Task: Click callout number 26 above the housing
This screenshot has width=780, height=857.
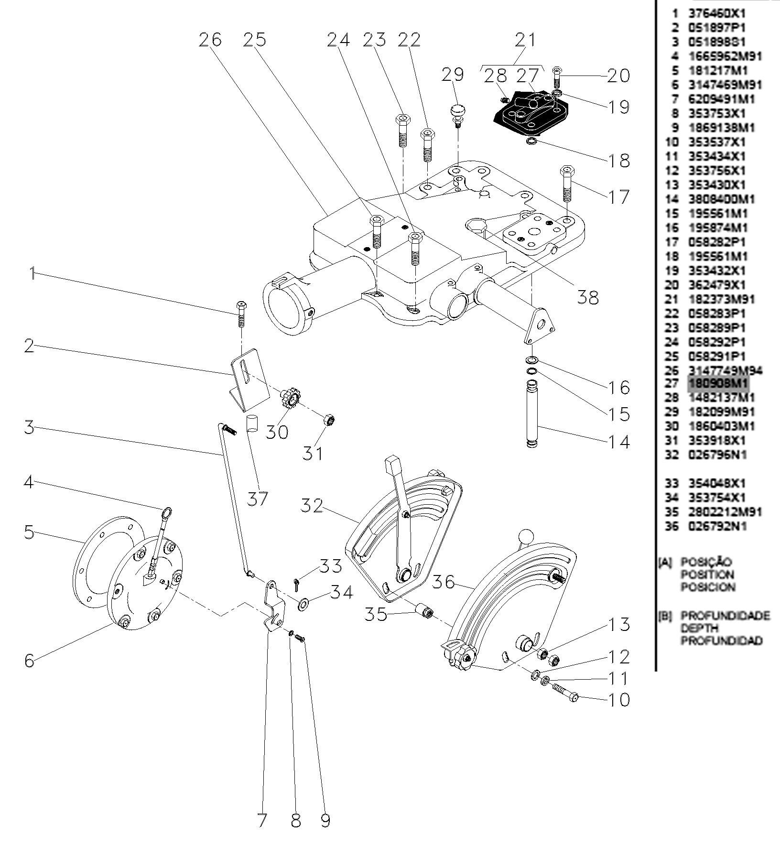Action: [210, 40]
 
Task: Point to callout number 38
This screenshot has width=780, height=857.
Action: [587, 297]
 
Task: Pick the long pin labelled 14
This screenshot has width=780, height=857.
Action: [532, 413]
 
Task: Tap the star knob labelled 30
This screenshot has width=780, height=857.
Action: [290, 398]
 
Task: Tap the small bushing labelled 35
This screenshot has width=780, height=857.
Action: [423, 611]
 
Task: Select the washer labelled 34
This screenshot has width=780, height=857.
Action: [303, 604]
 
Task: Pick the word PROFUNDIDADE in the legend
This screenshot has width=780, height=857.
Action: [725, 615]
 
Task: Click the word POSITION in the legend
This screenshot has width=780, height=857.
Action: [707, 575]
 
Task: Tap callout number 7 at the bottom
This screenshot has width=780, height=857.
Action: [262, 820]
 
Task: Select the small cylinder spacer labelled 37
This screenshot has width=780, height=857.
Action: [252, 424]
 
